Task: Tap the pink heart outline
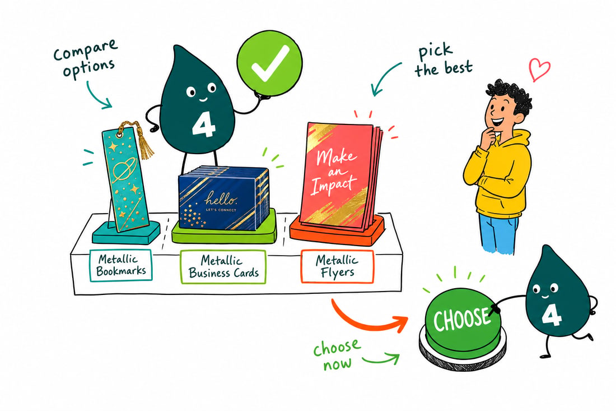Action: [539, 69]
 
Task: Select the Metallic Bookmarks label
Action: [121, 265]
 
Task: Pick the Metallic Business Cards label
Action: [223, 267]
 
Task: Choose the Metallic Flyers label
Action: [337, 266]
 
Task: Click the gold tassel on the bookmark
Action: [146, 142]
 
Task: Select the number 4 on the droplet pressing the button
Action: [552, 315]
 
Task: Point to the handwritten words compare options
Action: [86, 58]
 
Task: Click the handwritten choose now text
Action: [337, 354]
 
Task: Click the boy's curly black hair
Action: [511, 95]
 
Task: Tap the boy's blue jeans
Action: [498, 233]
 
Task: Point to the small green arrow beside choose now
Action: [381, 359]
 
